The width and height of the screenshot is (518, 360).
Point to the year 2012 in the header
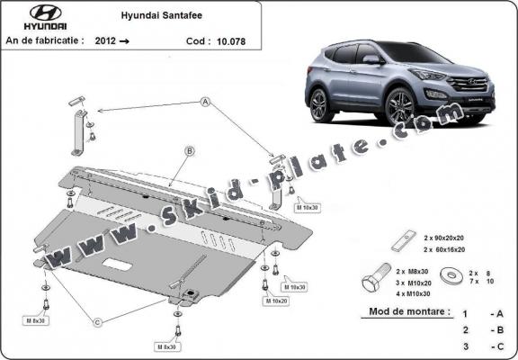(x=103, y=40)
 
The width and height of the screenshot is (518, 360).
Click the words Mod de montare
(x=409, y=312)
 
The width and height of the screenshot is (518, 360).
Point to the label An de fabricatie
(x=45, y=40)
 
